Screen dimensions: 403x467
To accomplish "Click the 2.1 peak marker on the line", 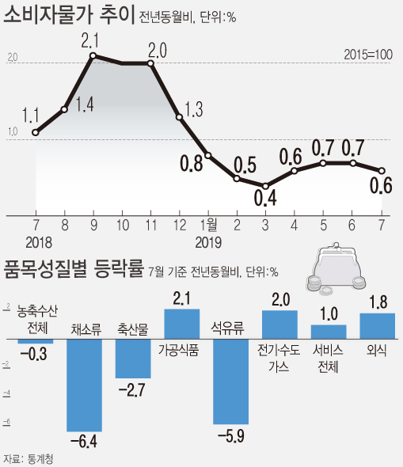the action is tap(93, 55).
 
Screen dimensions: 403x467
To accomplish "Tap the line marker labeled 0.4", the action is tap(266, 186).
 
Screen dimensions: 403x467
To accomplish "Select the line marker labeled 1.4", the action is tap(64, 109).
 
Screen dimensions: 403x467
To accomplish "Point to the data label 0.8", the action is tap(192, 164).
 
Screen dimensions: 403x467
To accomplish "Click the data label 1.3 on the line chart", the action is tap(194, 109).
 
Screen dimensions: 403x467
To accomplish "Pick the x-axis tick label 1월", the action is tap(208, 225).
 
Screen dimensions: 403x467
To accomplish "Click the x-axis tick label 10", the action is tap(123, 226).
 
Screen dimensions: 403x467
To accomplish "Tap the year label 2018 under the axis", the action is tap(39, 243).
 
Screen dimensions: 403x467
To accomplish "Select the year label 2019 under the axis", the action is tap(208, 243).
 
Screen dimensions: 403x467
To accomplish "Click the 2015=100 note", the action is tap(368, 55).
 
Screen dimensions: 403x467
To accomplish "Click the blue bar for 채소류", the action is tap(84, 385).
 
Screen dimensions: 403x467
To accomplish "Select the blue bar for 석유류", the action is tap(231, 382).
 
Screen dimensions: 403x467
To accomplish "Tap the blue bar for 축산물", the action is tap(133, 359).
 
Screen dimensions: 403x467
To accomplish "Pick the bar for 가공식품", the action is tap(182, 324).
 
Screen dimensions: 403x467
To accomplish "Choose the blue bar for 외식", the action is tap(378, 326).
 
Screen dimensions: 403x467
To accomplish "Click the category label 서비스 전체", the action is tap(328, 359).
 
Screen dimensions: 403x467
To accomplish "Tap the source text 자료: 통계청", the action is tap(29, 458).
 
